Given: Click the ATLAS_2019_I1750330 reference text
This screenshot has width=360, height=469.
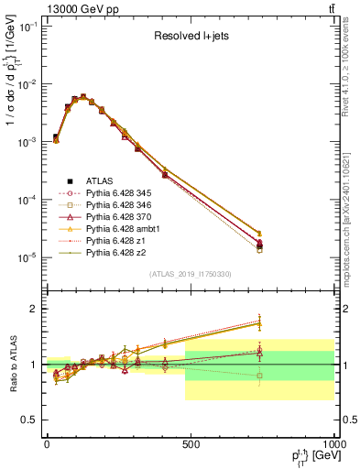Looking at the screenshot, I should pos(190,274).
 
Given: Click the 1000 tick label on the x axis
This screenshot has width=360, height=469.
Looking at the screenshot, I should pos(331,444).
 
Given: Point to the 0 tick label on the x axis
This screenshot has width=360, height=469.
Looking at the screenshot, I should pos(47,444).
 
